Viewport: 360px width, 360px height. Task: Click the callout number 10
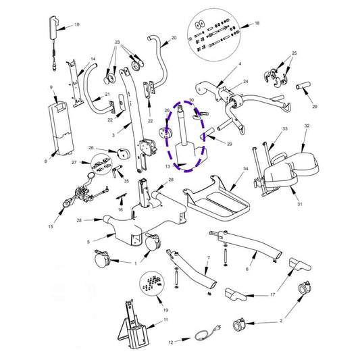point(76,24)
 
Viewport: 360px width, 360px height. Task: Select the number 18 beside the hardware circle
point(256,23)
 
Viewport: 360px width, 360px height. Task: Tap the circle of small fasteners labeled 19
point(153,284)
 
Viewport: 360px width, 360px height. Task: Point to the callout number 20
point(174,38)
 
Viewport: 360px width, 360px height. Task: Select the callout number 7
point(209,259)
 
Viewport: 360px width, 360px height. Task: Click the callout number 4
point(239,64)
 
